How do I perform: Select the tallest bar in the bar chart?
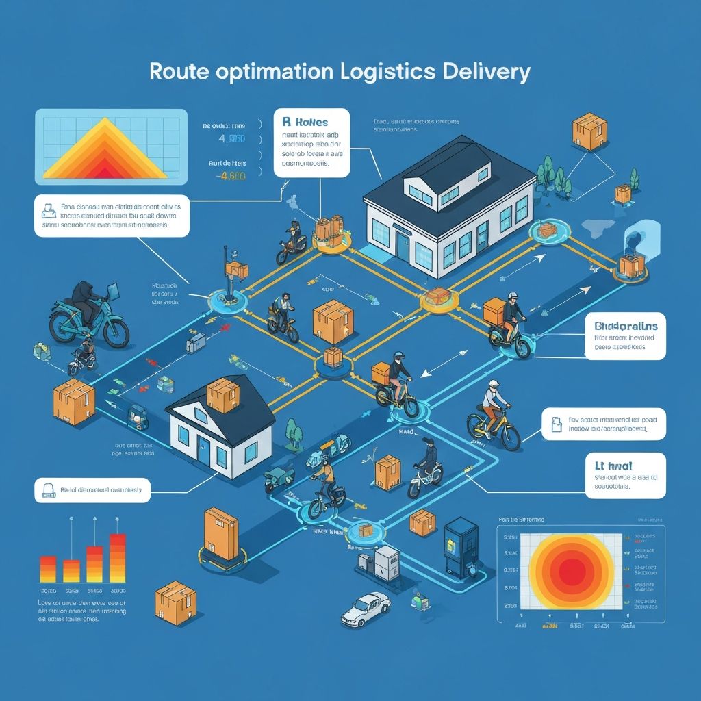pos(118,558)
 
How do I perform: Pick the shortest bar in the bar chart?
pos(71,571)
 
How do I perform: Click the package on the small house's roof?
pos(223,395)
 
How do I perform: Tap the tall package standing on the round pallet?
pos(220,531)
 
